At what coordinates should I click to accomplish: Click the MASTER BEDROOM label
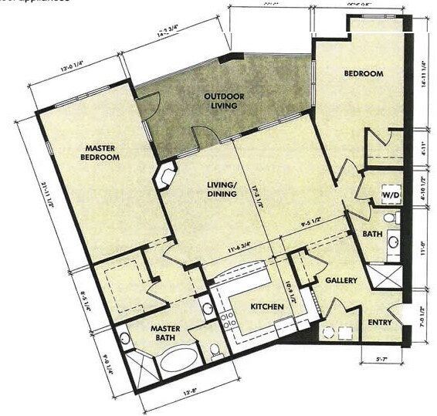100,152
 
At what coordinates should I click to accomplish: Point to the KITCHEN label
266,307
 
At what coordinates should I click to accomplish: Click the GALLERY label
340,280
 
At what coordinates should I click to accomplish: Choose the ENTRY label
380,323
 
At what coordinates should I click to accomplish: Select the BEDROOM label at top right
363,73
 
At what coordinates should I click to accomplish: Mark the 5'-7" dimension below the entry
381,359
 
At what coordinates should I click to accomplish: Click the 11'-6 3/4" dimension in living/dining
225,249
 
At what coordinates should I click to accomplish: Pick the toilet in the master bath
215,350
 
